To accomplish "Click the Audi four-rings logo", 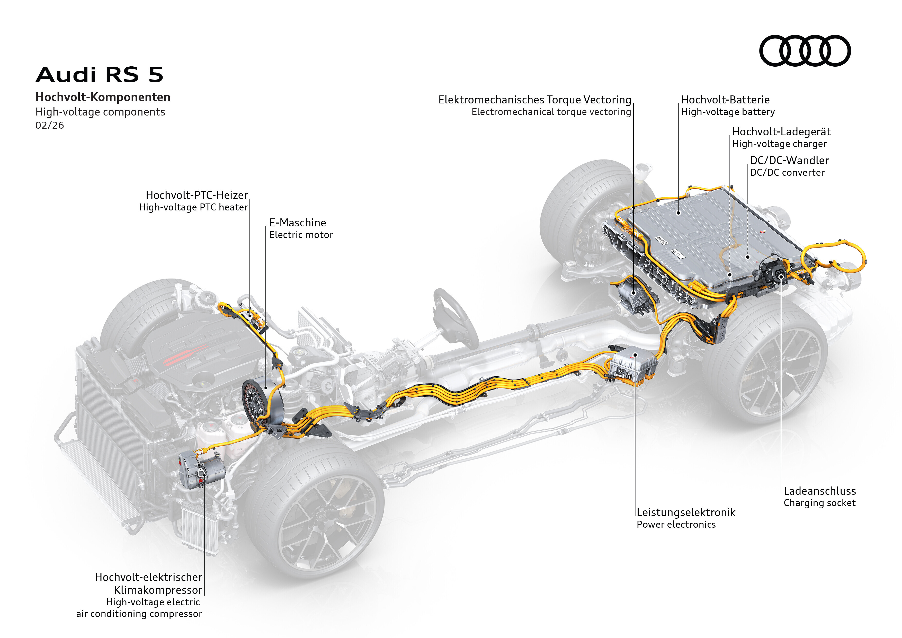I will [805, 51].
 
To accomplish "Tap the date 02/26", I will [49, 125].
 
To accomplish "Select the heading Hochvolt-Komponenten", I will [103, 97].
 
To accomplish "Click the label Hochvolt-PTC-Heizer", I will [197, 195].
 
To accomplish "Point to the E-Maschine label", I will [297, 223].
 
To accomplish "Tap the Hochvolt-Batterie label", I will [725, 100].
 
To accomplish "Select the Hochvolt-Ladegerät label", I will [781, 132].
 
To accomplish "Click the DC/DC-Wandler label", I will [789, 160].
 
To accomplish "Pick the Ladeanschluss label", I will [819, 491].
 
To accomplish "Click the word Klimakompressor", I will [158, 590].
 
